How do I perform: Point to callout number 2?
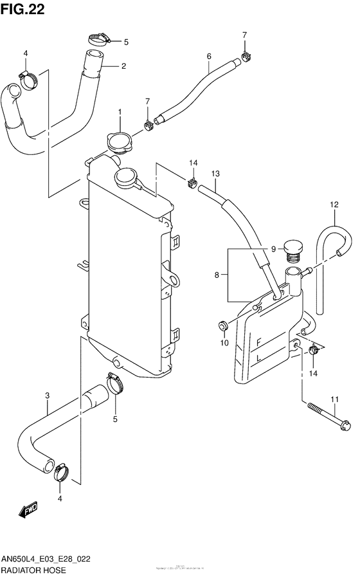pos(123,65)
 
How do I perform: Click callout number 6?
pos(209,57)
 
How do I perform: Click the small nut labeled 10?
pos(223,325)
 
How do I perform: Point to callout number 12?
pos(334,205)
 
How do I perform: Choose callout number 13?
pos(215,174)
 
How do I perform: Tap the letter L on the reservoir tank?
pos(258,357)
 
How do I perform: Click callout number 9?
pos(273,250)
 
